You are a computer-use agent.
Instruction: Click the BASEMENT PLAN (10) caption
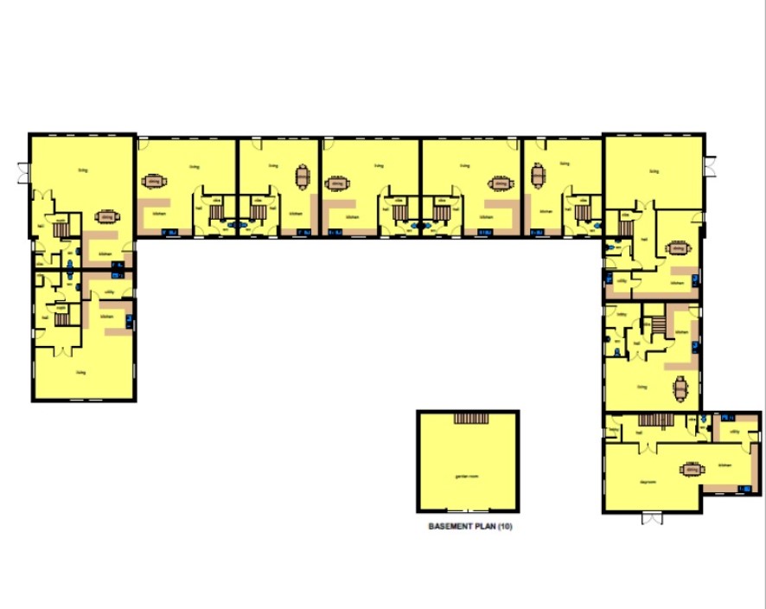point(470,526)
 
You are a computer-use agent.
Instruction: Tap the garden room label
point(467,477)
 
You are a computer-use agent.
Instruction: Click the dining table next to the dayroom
point(691,470)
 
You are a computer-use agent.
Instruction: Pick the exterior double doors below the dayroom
point(651,518)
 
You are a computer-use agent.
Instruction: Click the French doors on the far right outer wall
point(712,166)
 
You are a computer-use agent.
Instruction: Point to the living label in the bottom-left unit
point(82,373)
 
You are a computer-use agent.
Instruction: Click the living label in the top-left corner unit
point(83,170)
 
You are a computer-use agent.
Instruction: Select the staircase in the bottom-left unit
point(62,318)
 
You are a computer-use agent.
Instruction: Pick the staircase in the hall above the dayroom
point(649,420)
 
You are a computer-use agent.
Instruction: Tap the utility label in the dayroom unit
point(733,430)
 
